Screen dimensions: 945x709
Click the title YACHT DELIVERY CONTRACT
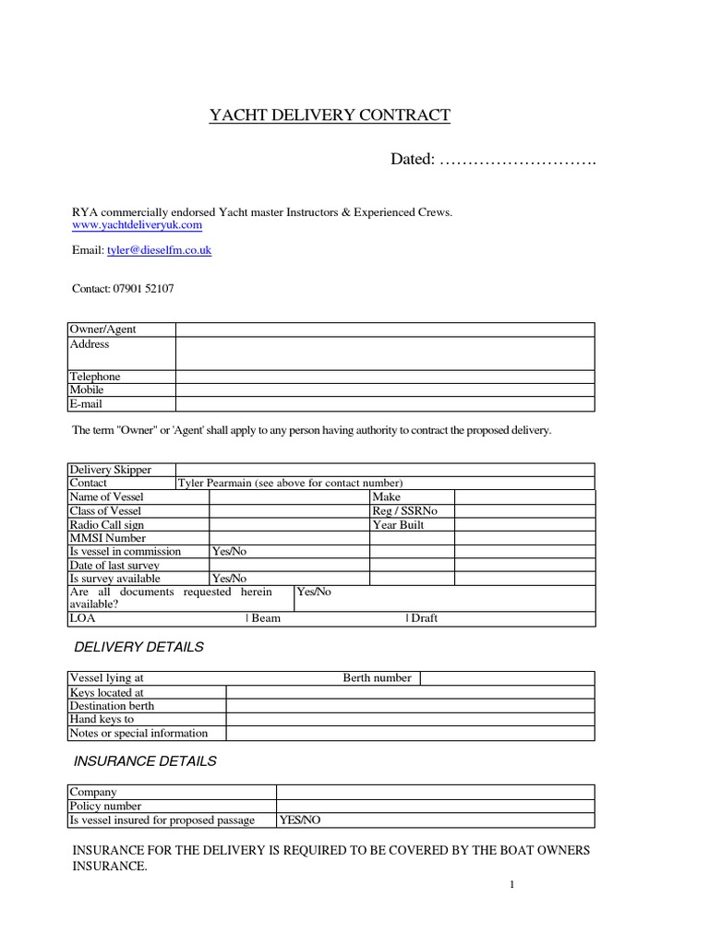(330, 115)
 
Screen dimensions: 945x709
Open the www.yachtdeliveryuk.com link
(137, 225)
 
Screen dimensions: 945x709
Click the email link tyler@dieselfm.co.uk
(159, 250)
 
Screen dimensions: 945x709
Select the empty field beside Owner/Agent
(385, 329)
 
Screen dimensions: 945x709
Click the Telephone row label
(95, 377)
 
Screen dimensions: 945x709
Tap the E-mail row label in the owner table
(87, 404)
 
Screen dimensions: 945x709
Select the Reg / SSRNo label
(404, 510)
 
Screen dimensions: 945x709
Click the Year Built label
(398, 524)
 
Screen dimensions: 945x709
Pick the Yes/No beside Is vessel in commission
(230, 552)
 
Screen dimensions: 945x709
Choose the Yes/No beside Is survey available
(230, 579)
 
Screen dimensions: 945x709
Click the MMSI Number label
(108, 538)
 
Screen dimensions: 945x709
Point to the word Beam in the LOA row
(265, 618)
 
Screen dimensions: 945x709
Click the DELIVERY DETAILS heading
(138, 647)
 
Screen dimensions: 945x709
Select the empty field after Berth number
(507, 678)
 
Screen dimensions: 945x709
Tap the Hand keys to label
(102, 719)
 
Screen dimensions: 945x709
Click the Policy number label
(106, 806)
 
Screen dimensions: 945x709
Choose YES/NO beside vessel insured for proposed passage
(300, 819)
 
